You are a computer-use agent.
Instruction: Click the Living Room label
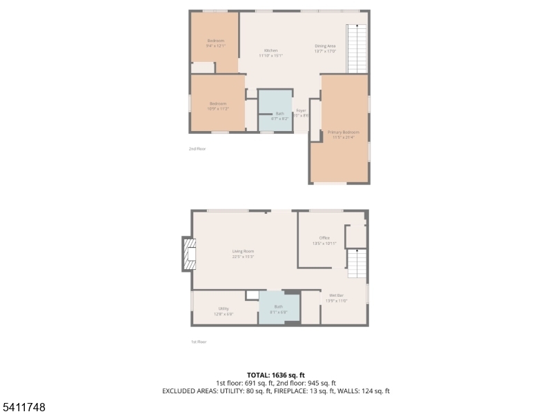pos(243,254)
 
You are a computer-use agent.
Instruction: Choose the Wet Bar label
pos(336,298)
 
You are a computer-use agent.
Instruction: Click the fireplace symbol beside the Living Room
pos(188,254)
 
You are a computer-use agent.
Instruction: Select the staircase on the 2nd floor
pos(357,48)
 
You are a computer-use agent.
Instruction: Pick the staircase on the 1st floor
pos(356,264)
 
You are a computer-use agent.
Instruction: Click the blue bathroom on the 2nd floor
pos(275,110)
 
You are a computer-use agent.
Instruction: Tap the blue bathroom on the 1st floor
pos(279,308)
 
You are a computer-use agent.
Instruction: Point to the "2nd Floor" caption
pos(197,148)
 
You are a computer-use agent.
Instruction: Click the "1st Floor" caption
pos(198,342)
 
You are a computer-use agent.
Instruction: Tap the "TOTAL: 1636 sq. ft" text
pos(275,375)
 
